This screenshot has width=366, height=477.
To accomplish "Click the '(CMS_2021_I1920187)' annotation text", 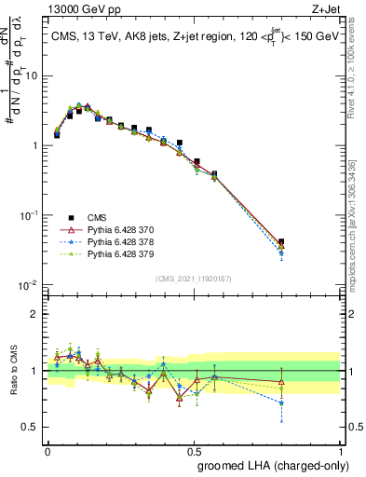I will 192,278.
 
